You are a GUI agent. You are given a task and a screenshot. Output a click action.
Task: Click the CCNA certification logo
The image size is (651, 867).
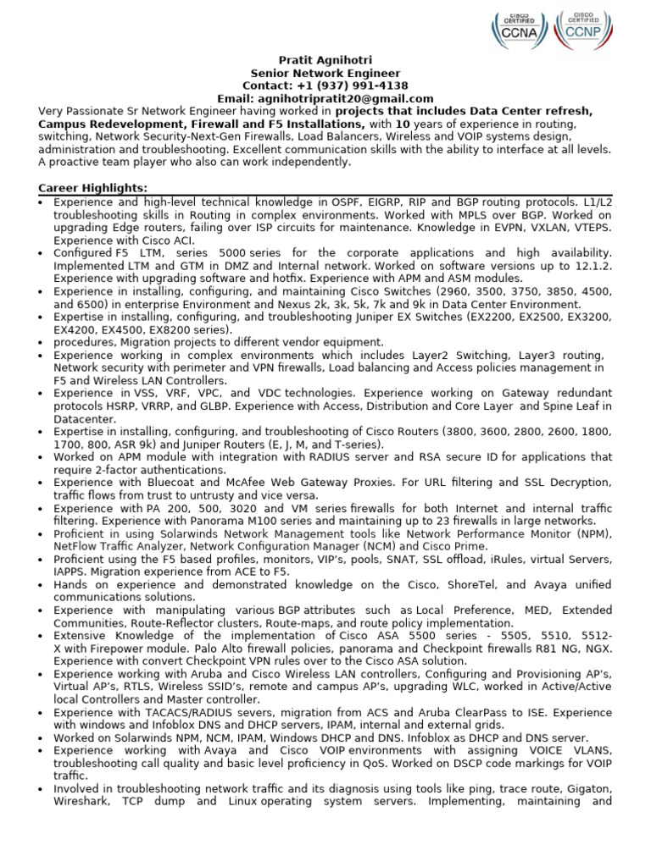pyautogui.click(x=519, y=30)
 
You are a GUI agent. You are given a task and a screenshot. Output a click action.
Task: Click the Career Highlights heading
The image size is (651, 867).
pyautogui.click(x=93, y=188)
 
